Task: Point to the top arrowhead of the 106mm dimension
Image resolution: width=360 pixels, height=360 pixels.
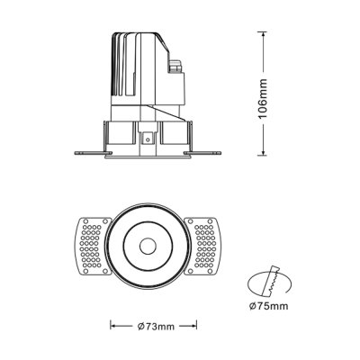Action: tap(263, 36)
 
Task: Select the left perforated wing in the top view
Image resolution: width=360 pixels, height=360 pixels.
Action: tap(93, 246)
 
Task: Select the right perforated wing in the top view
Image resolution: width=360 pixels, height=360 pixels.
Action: tap(206, 246)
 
